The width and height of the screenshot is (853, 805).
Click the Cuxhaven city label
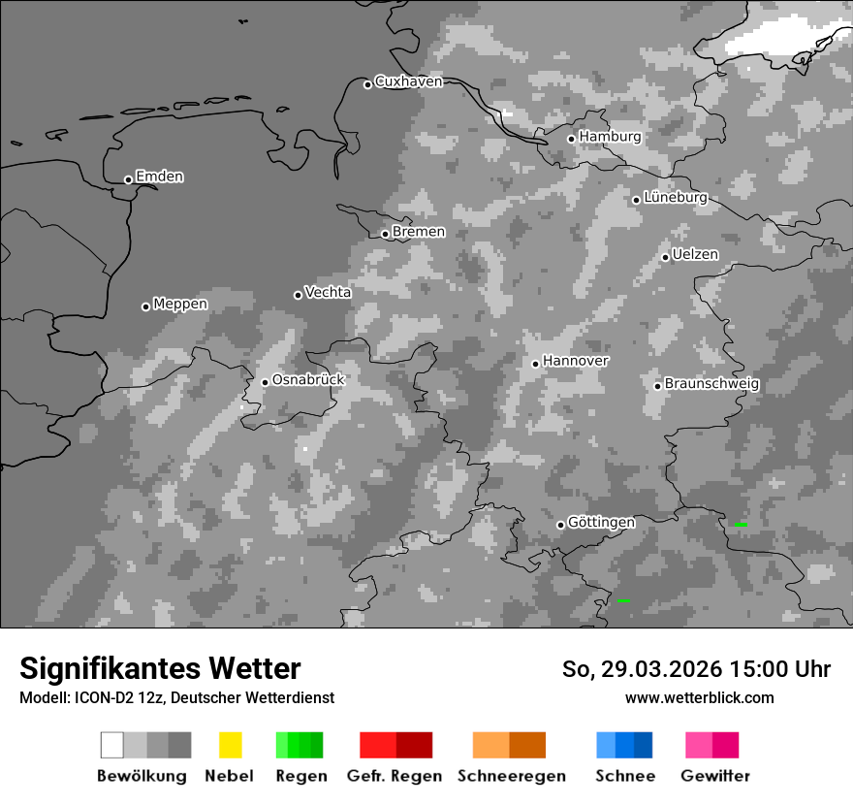tap(408, 81)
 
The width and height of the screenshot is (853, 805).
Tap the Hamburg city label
tap(610, 137)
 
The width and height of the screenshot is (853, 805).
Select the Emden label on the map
tap(159, 177)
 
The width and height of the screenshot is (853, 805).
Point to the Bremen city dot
tap(385, 234)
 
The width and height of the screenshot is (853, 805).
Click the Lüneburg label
tap(675, 198)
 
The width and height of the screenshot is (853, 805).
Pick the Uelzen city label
tap(695, 254)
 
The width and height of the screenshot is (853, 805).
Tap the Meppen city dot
tap(145, 306)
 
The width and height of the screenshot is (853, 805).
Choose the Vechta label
tap(328, 292)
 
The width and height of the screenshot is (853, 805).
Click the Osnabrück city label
tap(308, 380)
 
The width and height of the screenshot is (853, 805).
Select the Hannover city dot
tap(535, 364)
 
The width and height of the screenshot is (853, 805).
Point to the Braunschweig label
tap(711, 383)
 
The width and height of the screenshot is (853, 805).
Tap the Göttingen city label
tap(601, 522)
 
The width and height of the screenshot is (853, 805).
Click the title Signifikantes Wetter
tap(160, 668)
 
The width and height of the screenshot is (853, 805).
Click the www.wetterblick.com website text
tap(699, 697)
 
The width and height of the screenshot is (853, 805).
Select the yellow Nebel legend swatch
tap(230, 745)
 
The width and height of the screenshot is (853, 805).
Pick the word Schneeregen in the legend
tap(511, 776)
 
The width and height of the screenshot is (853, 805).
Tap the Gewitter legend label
tap(714, 776)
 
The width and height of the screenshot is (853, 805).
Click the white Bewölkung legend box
tap(112, 745)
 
